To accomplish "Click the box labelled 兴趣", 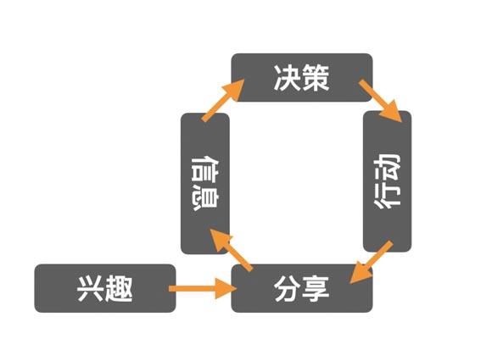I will point(104,288).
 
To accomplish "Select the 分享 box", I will point(302,288).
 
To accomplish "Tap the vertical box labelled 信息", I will point(205,182).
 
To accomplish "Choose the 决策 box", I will point(302,77).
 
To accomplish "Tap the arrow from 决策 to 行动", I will point(379,100).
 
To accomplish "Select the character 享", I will point(317,288).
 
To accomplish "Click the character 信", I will point(205,166).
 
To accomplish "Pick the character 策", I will point(317,77).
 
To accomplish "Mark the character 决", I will point(287,77).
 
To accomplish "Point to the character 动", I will point(388,167).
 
